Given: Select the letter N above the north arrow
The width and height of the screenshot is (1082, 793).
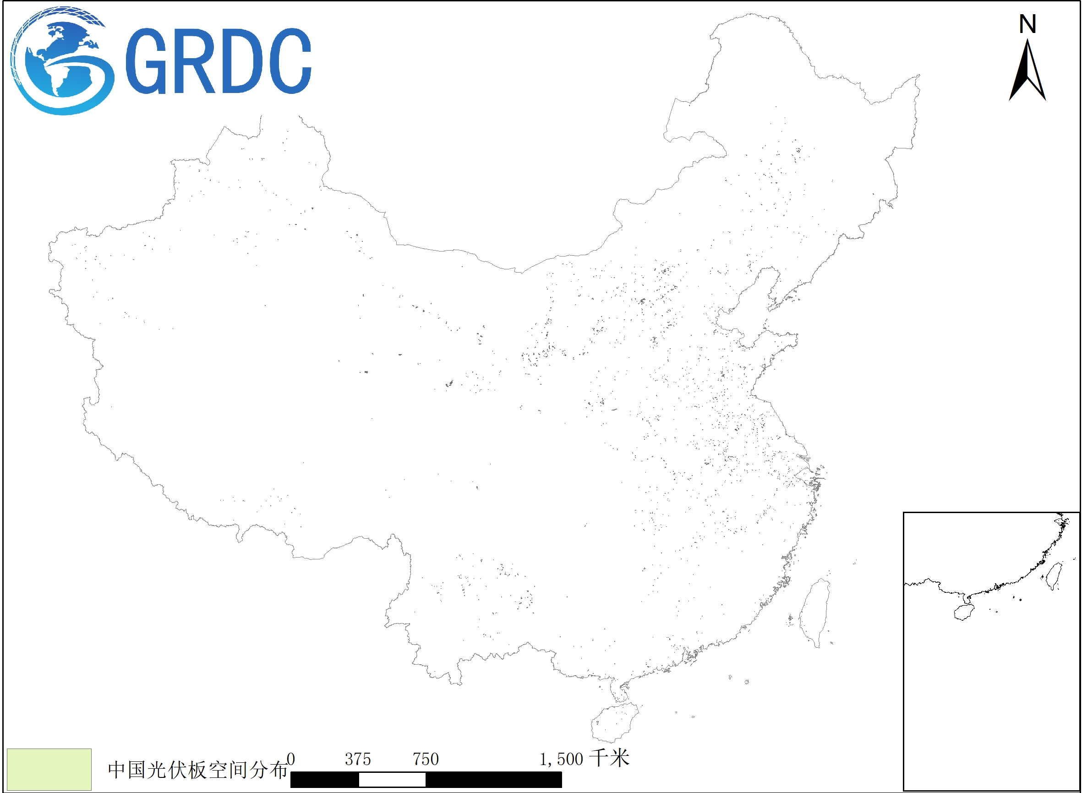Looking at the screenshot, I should pos(1027,24).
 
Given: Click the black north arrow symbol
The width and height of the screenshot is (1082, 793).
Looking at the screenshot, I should pos(1027,72).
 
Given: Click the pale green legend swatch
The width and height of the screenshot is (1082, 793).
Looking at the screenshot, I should pos(49,770).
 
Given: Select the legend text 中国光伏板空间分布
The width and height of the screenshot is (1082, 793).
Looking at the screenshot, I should pos(197,770).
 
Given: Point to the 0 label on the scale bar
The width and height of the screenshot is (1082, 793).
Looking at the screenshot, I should pos(291,760).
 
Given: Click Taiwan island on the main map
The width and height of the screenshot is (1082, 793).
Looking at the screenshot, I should pos(814,612).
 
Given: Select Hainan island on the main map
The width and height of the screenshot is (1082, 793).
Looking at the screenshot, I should pos(615,722).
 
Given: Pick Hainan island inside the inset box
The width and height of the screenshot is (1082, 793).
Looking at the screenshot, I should pos(963,612).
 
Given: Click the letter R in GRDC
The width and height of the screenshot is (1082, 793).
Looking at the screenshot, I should pos(194,61).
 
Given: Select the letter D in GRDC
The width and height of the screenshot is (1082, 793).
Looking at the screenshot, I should pos(241,61).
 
